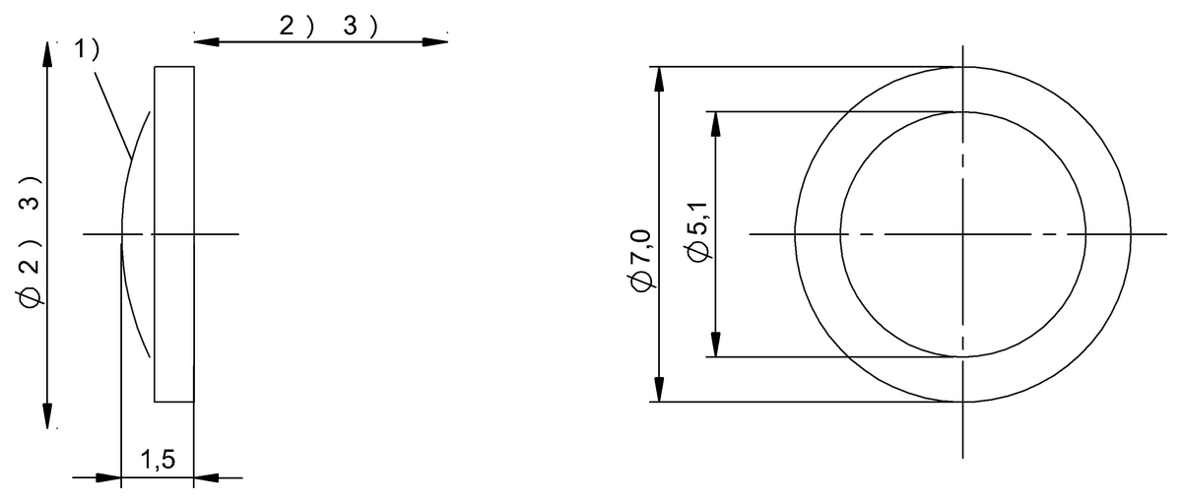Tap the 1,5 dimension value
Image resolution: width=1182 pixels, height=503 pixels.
[157, 460]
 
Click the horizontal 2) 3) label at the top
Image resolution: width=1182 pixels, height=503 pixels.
[328, 27]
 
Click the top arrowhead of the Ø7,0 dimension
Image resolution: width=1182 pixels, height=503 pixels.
[658, 79]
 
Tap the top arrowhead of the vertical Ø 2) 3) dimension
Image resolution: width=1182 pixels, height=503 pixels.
[47, 54]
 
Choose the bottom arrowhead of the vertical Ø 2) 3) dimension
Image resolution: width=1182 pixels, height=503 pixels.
[47, 415]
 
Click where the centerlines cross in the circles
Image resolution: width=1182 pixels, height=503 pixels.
[963, 234]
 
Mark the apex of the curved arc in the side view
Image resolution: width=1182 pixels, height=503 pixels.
[121, 234]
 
